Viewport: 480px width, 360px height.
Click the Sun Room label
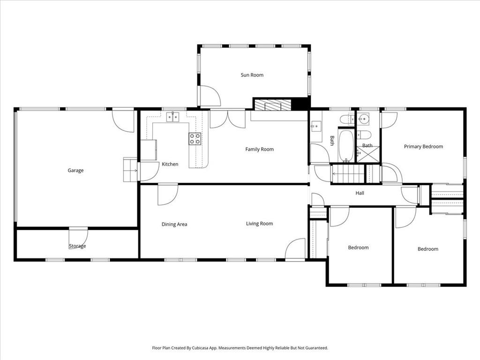[252, 75]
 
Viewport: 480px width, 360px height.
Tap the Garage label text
[75, 171]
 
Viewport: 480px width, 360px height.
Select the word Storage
[77, 246]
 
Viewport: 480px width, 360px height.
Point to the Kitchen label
[170, 164]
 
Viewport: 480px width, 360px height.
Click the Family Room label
[260, 150]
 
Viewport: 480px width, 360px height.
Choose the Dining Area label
[174, 225]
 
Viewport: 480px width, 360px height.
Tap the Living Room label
[260, 224]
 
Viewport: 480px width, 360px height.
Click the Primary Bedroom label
[423, 147]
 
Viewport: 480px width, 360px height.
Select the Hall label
[360, 193]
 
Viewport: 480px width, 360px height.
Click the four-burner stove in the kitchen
[195, 139]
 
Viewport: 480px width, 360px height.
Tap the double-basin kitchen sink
[172, 117]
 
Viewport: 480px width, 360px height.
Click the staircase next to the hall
[349, 174]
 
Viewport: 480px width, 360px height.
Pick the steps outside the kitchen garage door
[130, 170]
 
